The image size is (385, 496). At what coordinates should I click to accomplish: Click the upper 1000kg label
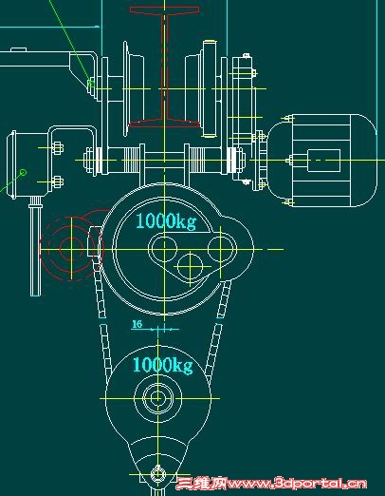[x=166, y=220]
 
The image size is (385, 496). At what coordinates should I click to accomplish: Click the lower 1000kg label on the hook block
[x=163, y=365]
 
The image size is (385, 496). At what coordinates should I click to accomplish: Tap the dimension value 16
[x=137, y=324]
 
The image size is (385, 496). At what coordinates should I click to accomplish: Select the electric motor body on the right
[x=322, y=161]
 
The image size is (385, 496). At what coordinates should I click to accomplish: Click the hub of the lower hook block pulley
[x=157, y=398]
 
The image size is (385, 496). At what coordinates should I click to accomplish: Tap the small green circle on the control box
[x=23, y=173]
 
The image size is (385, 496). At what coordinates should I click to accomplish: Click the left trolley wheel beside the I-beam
[x=133, y=88]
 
